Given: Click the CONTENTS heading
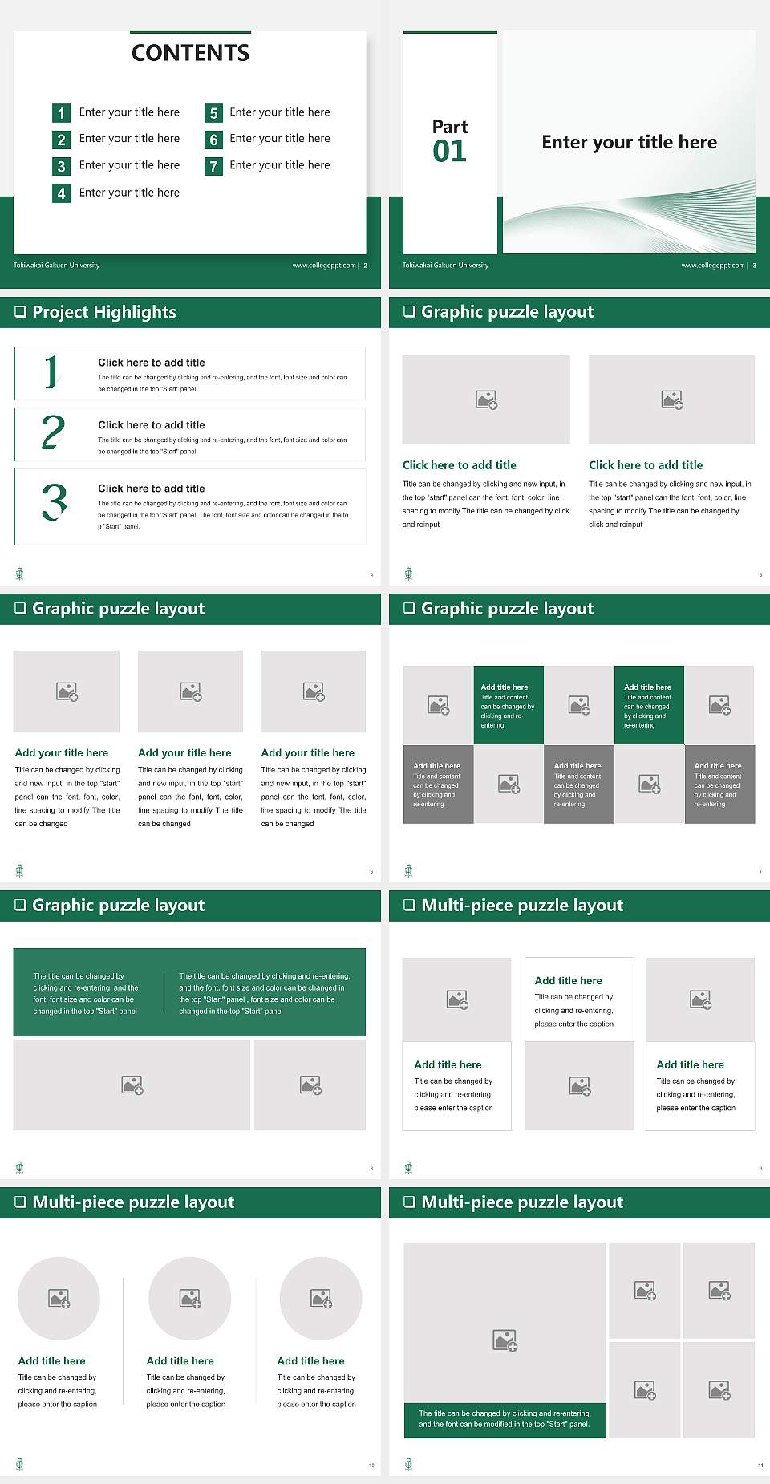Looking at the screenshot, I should pyautogui.click(x=190, y=53).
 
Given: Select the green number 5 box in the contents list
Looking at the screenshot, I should pyautogui.click(x=213, y=113).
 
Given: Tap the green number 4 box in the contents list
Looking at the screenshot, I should pyautogui.click(x=61, y=193).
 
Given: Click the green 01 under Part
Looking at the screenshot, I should pyautogui.click(x=449, y=152).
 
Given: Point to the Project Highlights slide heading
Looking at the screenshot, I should pyautogui.click(x=103, y=312).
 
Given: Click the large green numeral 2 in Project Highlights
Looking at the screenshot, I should pyautogui.click(x=53, y=432).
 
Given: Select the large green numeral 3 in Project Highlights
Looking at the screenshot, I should pyautogui.click(x=54, y=503).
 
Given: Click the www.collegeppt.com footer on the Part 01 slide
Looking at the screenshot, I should pyautogui.click(x=712, y=266).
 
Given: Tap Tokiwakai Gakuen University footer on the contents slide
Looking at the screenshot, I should pyautogui.click(x=56, y=266).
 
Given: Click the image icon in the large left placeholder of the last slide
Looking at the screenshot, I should pyautogui.click(x=505, y=1340).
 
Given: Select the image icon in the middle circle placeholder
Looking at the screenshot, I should pyautogui.click(x=190, y=1298).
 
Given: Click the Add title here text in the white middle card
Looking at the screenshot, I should pyautogui.click(x=568, y=980).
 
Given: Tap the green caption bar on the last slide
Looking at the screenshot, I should pyautogui.click(x=505, y=1419).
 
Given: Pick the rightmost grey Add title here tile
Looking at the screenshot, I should pyautogui.click(x=719, y=784).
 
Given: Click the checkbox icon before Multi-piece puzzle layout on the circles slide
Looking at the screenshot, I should pyautogui.click(x=21, y=1202).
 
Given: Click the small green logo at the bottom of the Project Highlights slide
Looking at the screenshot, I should pyautogui.click(x=19, y=574).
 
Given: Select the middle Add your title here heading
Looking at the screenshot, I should pyautogui.click(x=184, y=753).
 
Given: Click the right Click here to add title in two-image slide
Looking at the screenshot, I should pyautogui.click(x=646, y=465).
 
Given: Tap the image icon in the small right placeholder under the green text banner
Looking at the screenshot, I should pyautogui.click(x=310, y=1085).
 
